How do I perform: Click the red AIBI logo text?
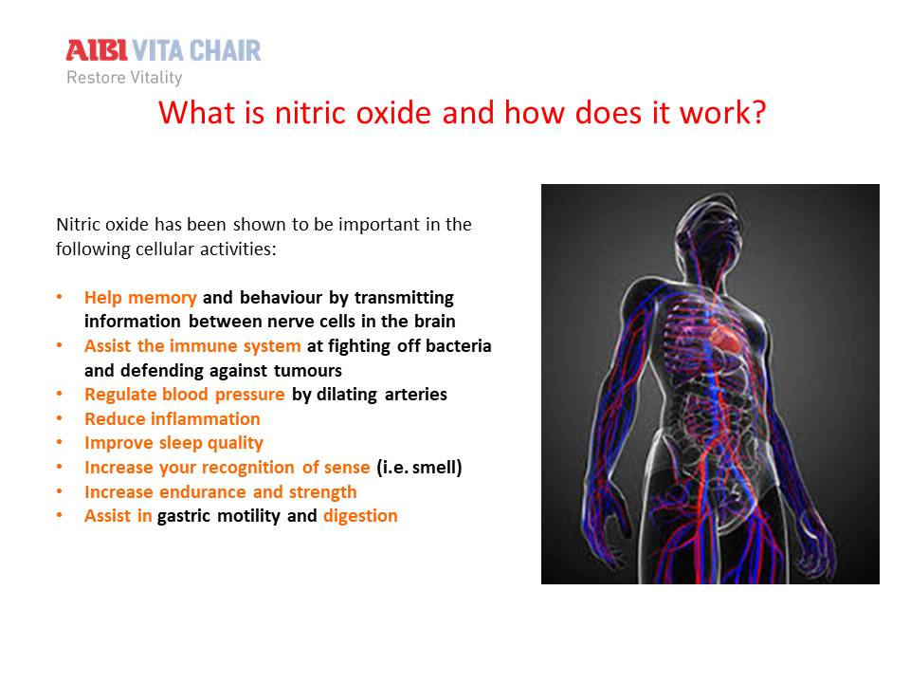(x=97, y=50)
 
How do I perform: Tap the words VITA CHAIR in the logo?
(x=197, y=50)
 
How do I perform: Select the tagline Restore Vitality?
(x=124, y=77)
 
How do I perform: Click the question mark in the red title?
(x=756, y=112)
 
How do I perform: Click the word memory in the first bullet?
(x=162, y=298)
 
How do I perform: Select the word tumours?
(x=307, y=371)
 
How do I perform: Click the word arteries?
(x=415, y=395)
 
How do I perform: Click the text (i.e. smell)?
(x=419, y=468)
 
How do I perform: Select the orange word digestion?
(x=360, y=516)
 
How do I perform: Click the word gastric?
(x=183, y=516)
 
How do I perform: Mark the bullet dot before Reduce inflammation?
(x=59, y=418)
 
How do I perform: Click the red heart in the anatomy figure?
(x=726, y=340)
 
